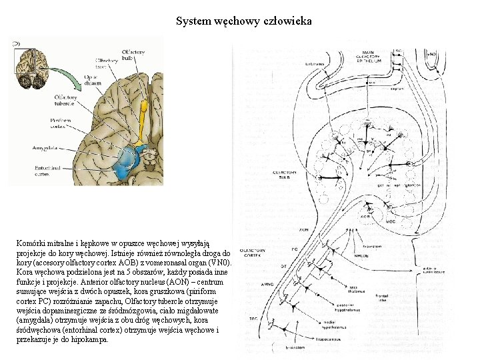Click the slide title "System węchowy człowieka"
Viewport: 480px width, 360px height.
point(243,21)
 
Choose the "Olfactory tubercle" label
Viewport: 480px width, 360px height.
point(64,100)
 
